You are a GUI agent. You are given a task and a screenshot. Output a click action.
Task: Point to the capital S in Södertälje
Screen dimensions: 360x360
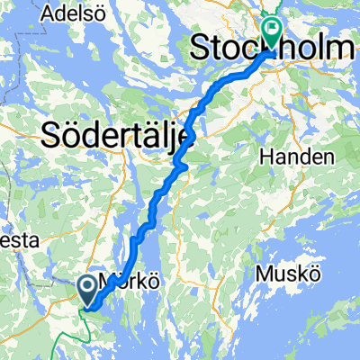51,137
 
